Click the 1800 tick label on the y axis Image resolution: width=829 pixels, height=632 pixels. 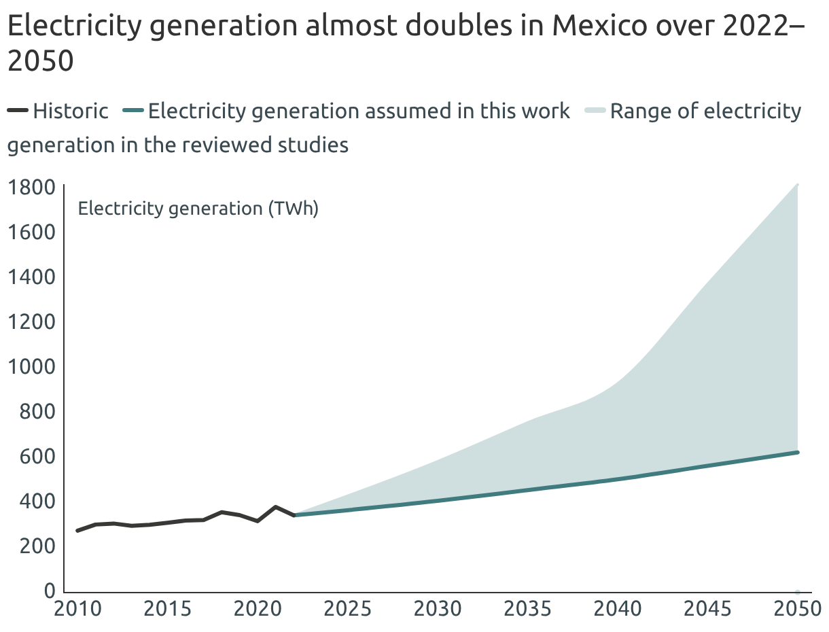click(x=30, y=187)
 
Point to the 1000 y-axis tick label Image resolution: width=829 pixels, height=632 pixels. click(x=30, y=366)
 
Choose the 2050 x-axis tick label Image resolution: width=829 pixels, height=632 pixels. click(x=797, y=608)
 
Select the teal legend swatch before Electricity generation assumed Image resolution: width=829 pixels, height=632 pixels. click(x=134, y=111)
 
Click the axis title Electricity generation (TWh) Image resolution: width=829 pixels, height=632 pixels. click(x=198, y=208)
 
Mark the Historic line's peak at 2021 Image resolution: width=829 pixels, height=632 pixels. click(x=275, y=507)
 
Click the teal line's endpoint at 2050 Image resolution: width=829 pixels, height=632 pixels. click(x=797, y=453)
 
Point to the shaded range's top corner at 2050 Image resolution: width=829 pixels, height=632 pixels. click(x=797, y=185)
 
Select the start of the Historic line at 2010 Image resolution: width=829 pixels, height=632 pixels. click(x=77, y=530)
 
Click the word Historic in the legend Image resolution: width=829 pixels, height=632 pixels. click(x=71, y=111)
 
